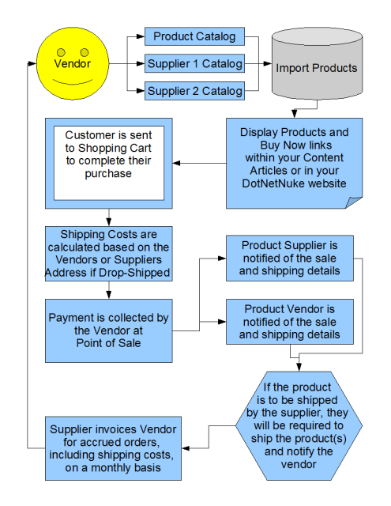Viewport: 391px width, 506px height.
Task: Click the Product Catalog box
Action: pos(194,36)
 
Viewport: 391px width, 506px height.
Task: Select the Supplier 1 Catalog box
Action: pos(194,63)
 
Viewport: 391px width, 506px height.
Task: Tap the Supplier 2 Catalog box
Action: pos(194,91)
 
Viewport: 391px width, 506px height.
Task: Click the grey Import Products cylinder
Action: pos(318,63)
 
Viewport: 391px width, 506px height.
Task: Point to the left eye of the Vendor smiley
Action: pos(61,52)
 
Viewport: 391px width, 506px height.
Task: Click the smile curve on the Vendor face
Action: pos(73,82)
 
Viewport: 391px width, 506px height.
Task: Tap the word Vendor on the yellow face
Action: pos(72,63)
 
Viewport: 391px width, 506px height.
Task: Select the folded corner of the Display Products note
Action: pos(354,202)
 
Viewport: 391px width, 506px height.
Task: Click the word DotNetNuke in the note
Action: pos(273,183)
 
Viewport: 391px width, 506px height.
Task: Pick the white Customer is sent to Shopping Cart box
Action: pos(109,163)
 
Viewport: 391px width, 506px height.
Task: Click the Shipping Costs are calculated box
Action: pos(109,254)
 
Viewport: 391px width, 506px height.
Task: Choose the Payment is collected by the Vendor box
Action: pos(109,330)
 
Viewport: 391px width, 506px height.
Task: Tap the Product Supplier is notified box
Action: pos(290,259)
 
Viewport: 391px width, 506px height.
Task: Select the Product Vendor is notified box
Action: pos(290,322)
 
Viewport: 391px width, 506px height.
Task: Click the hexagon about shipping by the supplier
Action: pos(299,426)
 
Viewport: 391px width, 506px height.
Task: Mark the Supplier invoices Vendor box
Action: pos(113,448)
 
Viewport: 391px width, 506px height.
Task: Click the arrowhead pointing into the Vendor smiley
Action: pos(32,63)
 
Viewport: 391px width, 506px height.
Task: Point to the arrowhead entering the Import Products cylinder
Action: pos(268,63)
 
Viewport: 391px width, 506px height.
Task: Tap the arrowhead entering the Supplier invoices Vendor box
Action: pos(186,448)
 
